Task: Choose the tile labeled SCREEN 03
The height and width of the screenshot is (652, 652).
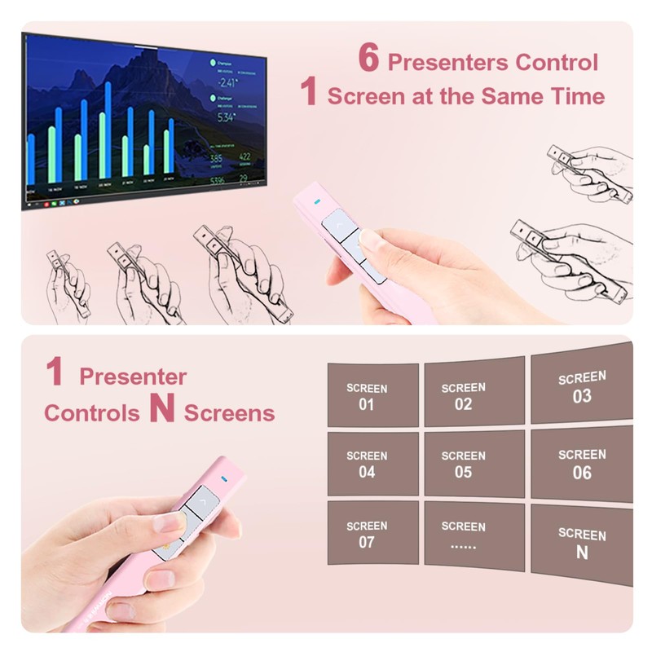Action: tap(581, 387)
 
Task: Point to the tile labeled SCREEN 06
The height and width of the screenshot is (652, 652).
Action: tap(581, 463)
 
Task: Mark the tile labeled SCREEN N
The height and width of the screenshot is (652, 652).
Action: tap(581, 542)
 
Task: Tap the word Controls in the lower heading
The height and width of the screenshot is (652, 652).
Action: tap(91, 413)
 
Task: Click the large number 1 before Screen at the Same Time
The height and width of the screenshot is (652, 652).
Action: tap(308, 92)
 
